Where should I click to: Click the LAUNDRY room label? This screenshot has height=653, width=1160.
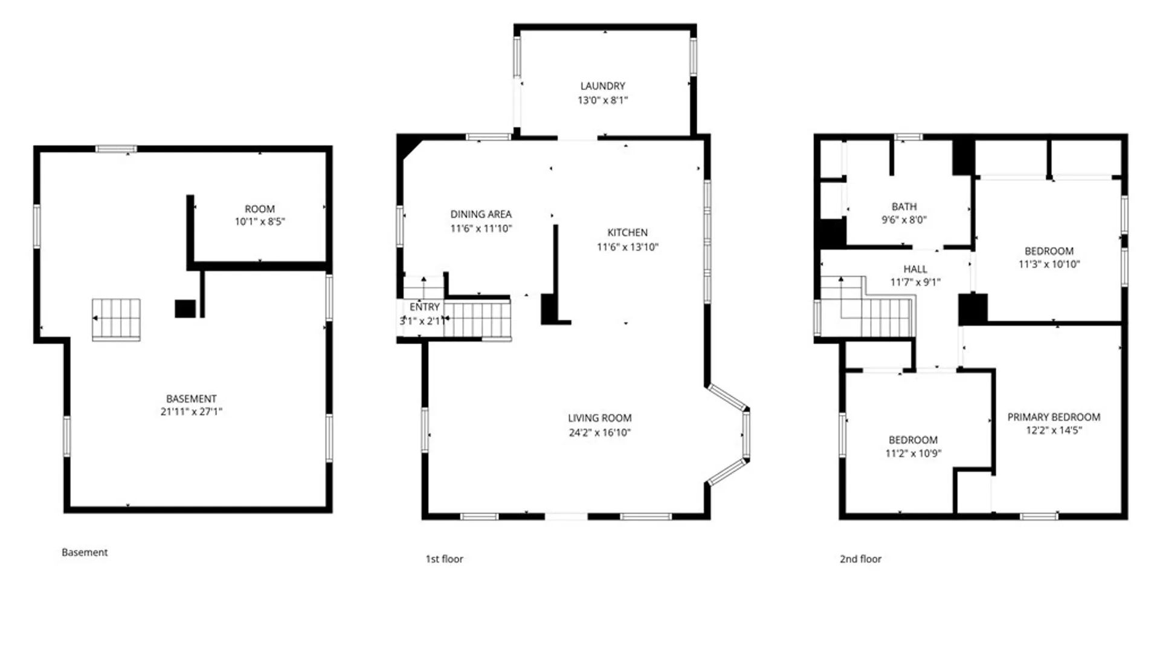pyautogui.click(x=602, y=86)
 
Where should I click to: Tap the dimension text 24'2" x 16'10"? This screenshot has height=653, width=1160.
pyautogui.click(x=599, y=432)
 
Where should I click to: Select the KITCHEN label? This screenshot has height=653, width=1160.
pyautogui.click(x=627, y=232)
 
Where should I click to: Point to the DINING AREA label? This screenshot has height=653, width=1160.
pyautogui.click(x=481, y=214)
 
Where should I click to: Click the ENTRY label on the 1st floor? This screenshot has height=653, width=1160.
pyautogui.click(x=424, y=307)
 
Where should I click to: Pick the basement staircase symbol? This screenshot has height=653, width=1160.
pyautogui.click(x=116, y=319)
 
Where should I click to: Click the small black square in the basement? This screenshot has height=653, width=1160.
pyautogui.click(x=185, y=308)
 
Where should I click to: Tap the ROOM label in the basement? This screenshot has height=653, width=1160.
pyautogui.click(x=260, y=209)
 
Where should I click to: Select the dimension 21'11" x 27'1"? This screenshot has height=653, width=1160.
pyautogui.click(x=191, y=412)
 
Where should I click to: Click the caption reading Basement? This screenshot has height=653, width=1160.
pyautogui.click(x=85, y=552)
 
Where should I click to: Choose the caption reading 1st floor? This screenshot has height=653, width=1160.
pyautogui.click(x=444, y=559)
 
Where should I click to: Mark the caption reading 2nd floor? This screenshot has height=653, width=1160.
pyautogui.click(x=860, y=559)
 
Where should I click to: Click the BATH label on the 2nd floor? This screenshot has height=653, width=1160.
pyautogui.click(x=904, y=206)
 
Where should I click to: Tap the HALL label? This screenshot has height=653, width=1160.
pyautogui.click(x=915, y=269)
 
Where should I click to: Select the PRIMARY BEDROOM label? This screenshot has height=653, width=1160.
pyautogui.click(x=1053, y=417)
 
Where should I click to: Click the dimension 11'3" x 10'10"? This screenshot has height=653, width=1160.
pyautogui.click(x=1049, y=264)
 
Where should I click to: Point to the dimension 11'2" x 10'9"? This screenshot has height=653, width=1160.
pyautogui.click(x=913, y=453)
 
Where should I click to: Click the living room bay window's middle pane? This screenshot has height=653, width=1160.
pyautogui.click(x=746, y=434)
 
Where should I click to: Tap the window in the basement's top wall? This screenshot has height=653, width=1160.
pyautogui.click(x=116, y=149)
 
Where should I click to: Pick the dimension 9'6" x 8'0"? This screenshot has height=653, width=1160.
pyautogui.click(x=904, y=220)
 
